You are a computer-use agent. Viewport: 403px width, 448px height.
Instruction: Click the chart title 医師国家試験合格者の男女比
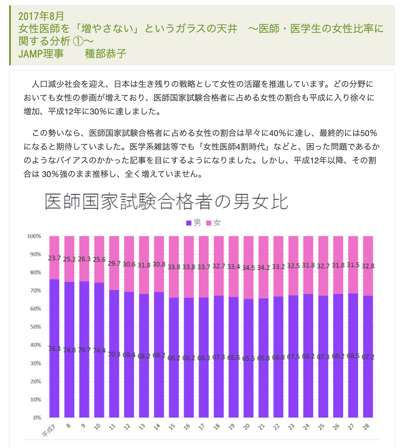pyautogui.click(x=166, y=202)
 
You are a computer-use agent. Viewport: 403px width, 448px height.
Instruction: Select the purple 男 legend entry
pyautogui.click(x=194, y=223)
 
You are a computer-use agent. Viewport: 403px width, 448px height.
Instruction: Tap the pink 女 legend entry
pyautogui.click(x=214, y=223)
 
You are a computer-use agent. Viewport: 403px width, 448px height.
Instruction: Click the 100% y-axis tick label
pyautogui.click(x=34, y=236)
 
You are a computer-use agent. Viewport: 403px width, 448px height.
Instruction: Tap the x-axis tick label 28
pyautogui.click(x=366, y=427)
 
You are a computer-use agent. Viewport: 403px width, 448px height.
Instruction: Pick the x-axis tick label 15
pyautogui.click(x=172, y=427)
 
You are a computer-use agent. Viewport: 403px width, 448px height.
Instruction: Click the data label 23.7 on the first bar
pyautogui.click(x=54, y=258)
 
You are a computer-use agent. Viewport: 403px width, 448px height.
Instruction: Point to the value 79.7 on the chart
pyautogui.click(x=84, y=350)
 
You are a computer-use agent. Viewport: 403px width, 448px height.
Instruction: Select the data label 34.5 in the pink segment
pyautogui.click(x=248, y=268)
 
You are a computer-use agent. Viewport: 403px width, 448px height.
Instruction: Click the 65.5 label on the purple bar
pyautogui.click(x=248, y=358)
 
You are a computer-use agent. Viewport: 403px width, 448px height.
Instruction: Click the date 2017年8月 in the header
pyautogui.click(x=41, y=16)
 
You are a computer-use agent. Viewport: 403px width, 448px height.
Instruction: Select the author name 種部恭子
pyautogui.click(x=105, y=54)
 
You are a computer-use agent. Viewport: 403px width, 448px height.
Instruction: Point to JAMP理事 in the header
pyautogui.click(x=41, y=54)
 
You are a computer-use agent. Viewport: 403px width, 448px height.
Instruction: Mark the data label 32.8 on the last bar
pyautogui.click(x=368, y=266)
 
